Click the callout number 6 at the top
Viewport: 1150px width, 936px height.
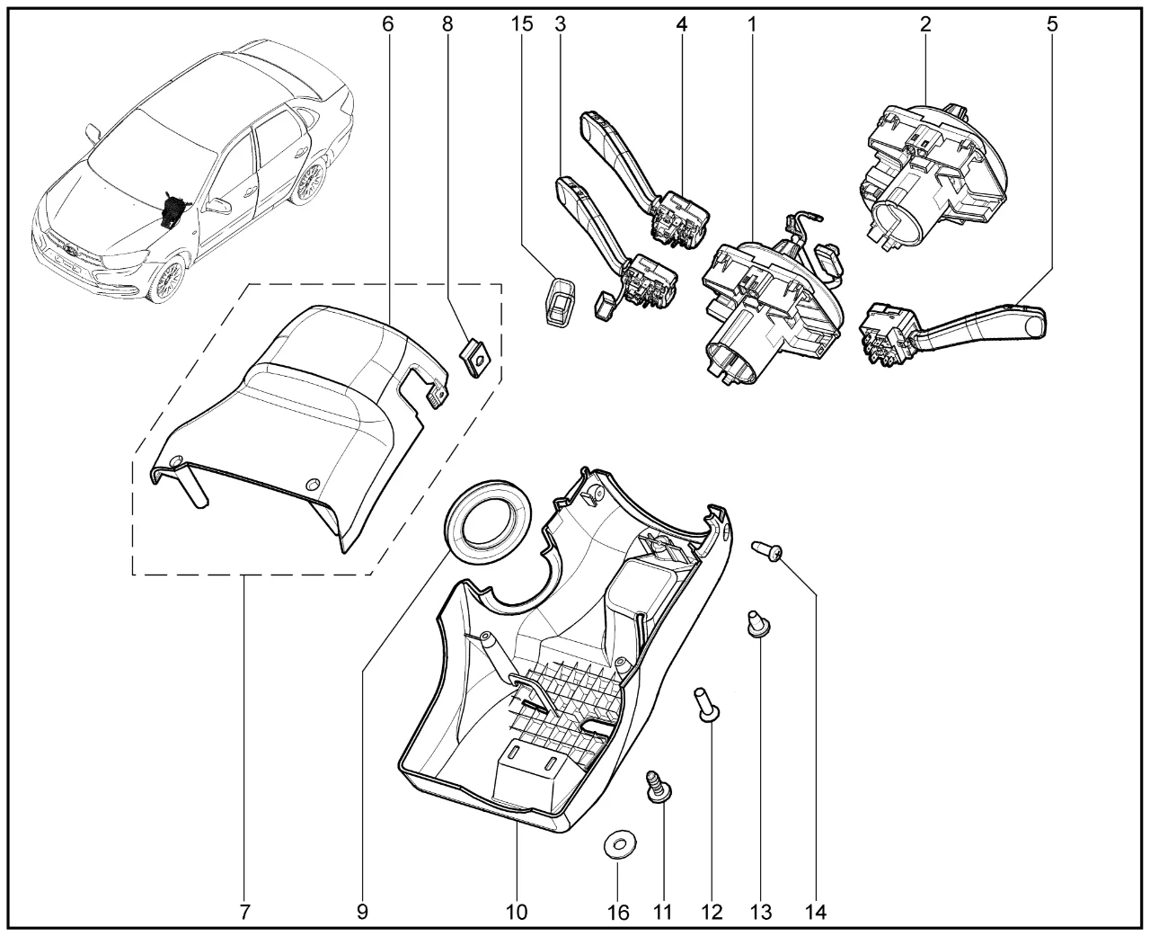[x=387, y=24]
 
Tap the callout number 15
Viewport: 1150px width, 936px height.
[x=522, y=24]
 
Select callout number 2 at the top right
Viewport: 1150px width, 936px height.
[x=924, y=24]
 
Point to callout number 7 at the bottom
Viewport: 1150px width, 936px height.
[x=244, y=913]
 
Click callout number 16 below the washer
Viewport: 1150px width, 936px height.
[x=617, y=913]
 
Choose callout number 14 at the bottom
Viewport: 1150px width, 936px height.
[x=816, y=913]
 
